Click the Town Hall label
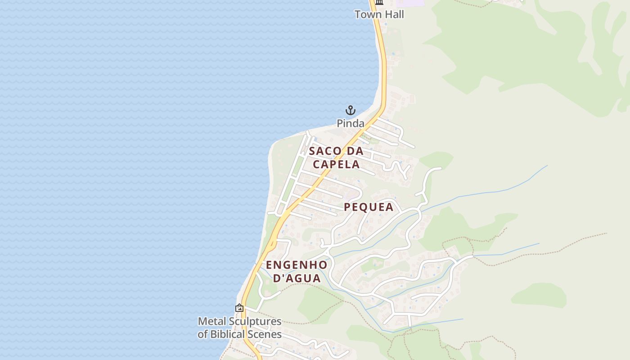click(x=379, y=14)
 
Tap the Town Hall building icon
click(x=379, y=2)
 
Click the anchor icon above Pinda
click(x=350, y=110)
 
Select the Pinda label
click(x=351, y=123)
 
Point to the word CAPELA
click(x=336, y=164)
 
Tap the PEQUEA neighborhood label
click(x=369, y=207)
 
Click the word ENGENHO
click(x=297, y=265)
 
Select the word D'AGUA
click(x=297, y=278)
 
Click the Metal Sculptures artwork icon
click(x=239, y=308)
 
